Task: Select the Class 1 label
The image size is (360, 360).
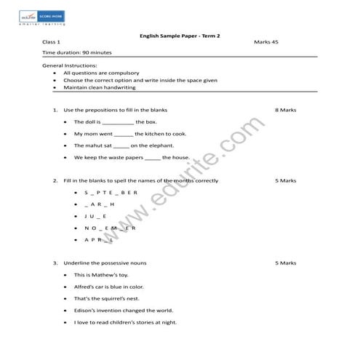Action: point(52,43)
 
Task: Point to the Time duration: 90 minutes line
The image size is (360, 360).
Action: point(77,53)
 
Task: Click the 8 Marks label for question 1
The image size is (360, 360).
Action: point(286,110)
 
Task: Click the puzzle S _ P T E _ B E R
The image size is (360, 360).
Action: point(111,193)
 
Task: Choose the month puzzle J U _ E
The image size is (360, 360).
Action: point(95,216)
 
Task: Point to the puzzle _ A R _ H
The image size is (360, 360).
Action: point(99,204)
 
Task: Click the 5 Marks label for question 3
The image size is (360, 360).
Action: point(286,263)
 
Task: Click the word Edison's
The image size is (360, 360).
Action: point(89,310)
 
